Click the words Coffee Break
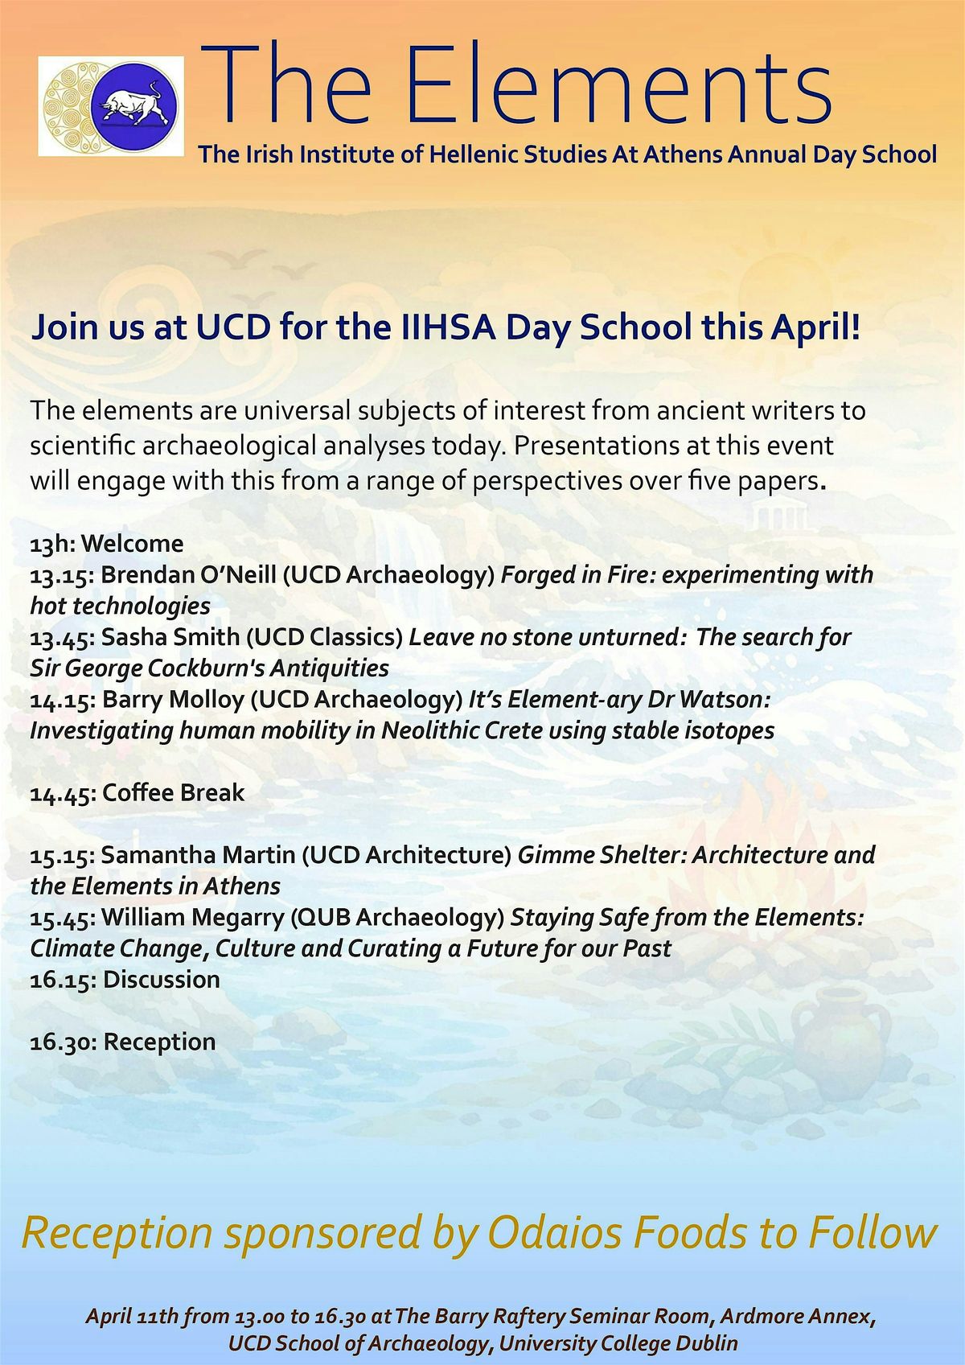174,793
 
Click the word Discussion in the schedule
162,980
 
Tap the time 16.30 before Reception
64,1042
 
